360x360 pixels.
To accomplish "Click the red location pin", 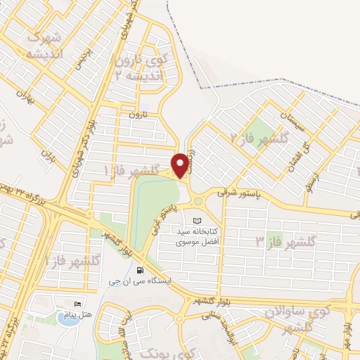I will (180, 165).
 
